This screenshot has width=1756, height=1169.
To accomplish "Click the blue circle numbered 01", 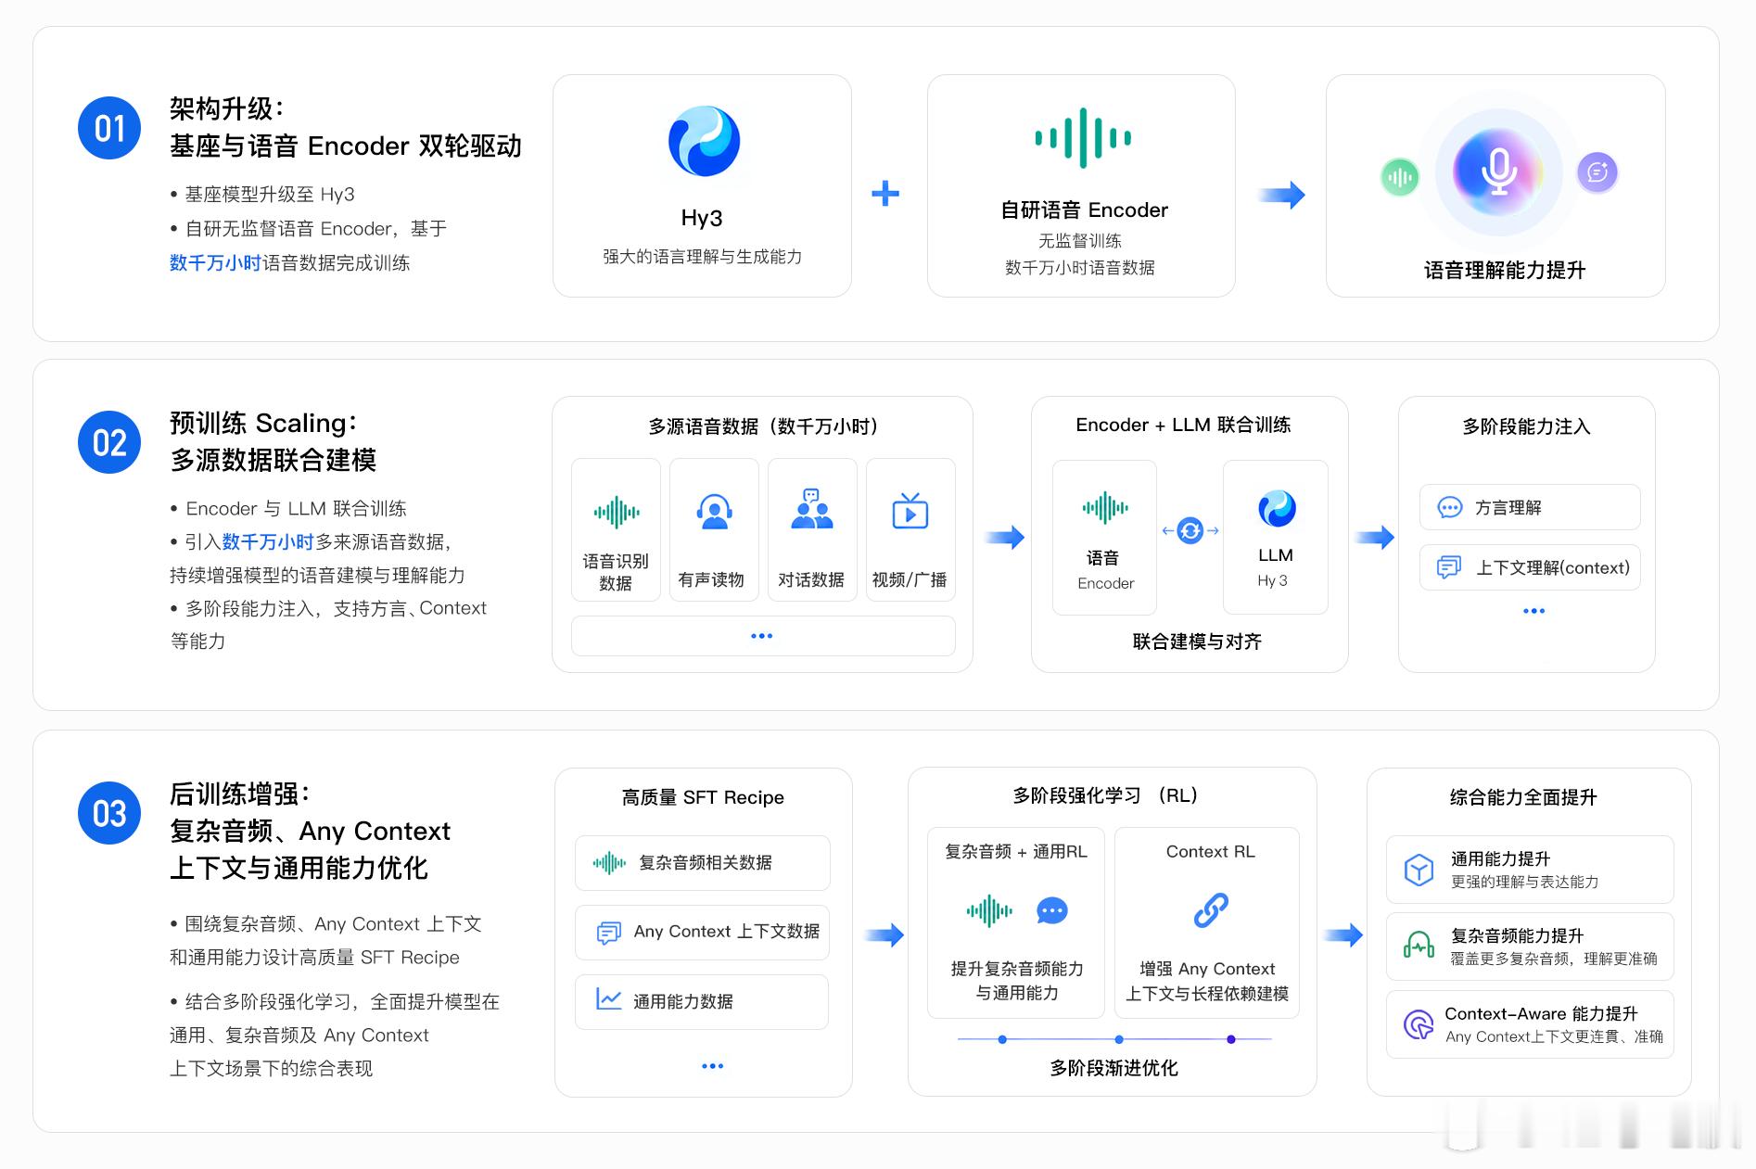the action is pyautogui.click(x=109, y=128).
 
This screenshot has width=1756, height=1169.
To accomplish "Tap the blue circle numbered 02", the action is pyautogui.click(x=109, y=442).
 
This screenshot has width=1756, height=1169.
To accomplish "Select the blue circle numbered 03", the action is pyautogui.click(x=109, y=813).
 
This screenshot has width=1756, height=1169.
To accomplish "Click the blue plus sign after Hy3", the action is pyautogui.click(x=885, y=193).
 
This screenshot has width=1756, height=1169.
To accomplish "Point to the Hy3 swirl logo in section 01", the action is pyautogui.click(x=704, y=141).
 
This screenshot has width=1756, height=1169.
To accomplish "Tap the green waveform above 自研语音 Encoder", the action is pyautogui.click(x=1083, y=138).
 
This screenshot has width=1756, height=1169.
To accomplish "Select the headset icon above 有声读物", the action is pyautogui.click(x=714, y=512).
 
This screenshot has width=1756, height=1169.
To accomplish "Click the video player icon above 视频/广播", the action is pyautogui.click(x=910, y=511).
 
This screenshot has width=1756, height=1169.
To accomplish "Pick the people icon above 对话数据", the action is pyautogui.click(x=811, y=509).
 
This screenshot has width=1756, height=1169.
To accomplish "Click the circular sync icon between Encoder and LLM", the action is pyautogui.click(x=1190, y=530).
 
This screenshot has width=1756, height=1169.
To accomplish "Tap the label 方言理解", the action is pyautogui.click(x=1508, y=508).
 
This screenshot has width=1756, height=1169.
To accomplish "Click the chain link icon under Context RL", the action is pyautogui.click(x=1211, y=910).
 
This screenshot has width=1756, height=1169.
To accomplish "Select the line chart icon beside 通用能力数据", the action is pyautogui.click(x=608, y=999).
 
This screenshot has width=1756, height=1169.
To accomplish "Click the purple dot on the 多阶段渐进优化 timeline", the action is pyautogui.click(x=1231, y=1039).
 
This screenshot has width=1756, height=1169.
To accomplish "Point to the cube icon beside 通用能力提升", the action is pyautogui.click(x=1419, y=870).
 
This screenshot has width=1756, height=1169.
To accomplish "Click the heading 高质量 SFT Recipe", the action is pyautogui.click(x=703, y=797).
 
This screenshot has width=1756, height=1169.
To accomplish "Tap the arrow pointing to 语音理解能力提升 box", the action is pyautogui.click(x=1281, y=195).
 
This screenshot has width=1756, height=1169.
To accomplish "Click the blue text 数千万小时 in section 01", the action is pyautogui.click(x=215, y=263).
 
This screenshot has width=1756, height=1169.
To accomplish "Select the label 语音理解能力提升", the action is pyautogui.click(x=1505, y=271).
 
